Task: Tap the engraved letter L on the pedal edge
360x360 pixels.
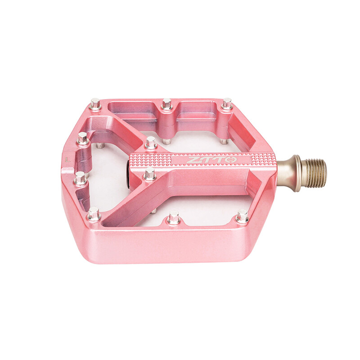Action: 67,159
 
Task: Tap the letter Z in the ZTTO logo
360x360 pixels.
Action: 191,160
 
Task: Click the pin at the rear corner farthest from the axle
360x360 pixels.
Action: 95,103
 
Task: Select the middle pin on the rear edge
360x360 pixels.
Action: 166,104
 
